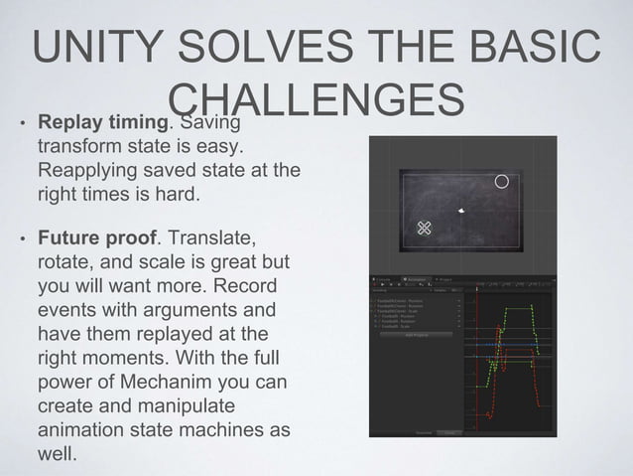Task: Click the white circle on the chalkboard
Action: pyautogui.click(x=502, y=182)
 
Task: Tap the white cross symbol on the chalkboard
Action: pyautogui.click(x=425, y=229)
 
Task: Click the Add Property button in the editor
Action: pyautogui.click(x=417, y=335)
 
